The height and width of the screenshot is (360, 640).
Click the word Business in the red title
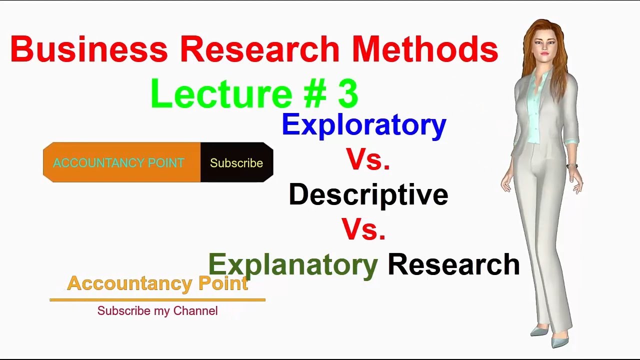[89, 49]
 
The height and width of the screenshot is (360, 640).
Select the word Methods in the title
[425, 49]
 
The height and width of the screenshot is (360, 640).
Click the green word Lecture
[221, 93]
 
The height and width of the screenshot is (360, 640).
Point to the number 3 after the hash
[348, 93]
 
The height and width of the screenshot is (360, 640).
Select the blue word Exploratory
[364, 125]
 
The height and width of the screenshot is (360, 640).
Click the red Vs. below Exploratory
[368, 159]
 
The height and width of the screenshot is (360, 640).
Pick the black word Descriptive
[368, 195]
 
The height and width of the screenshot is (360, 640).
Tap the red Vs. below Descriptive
[363, 229]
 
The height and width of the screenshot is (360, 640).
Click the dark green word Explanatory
[293, 265]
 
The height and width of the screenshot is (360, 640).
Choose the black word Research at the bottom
[453, 264]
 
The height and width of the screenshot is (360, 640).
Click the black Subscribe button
[237, 162]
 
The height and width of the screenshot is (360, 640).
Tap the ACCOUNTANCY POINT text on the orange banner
[118, 163]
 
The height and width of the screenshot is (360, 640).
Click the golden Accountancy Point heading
[157, 283]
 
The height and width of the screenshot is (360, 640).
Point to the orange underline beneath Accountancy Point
[157, 300]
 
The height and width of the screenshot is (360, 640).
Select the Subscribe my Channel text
[157, 311]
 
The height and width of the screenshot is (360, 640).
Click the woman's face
[544, 45]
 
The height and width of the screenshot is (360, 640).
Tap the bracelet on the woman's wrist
[572, 166]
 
